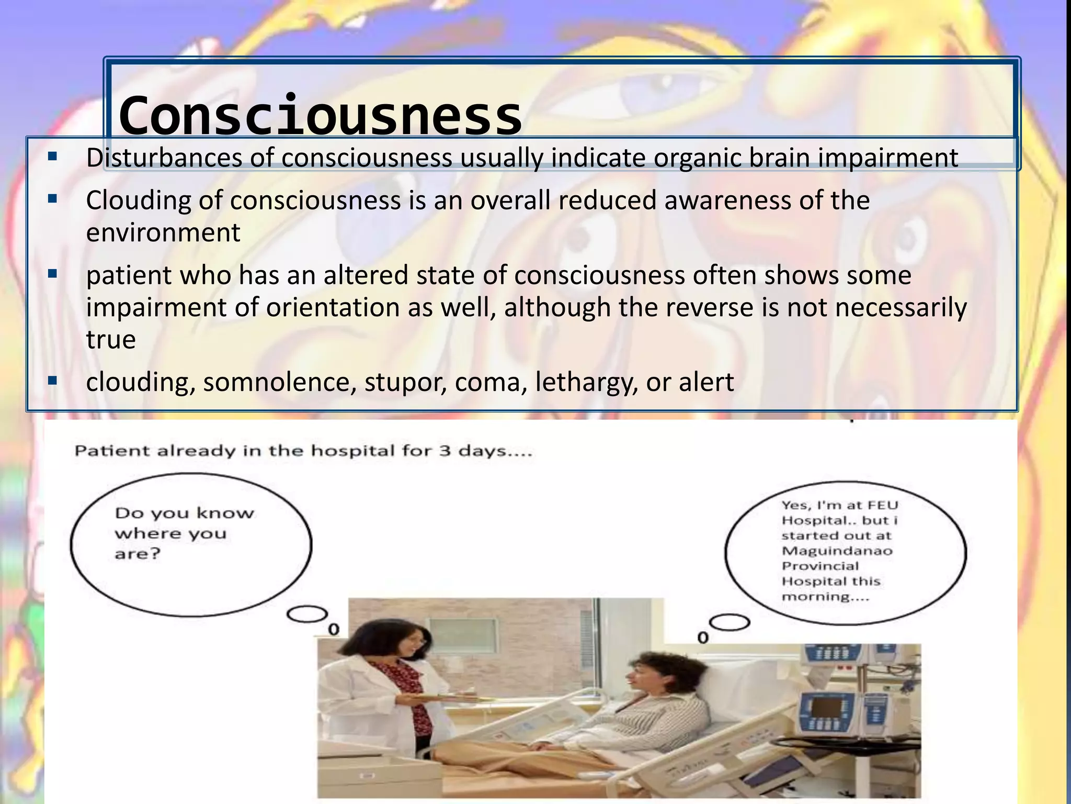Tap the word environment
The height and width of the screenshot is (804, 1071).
point(163,233)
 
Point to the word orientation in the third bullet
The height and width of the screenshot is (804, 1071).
point(333,308)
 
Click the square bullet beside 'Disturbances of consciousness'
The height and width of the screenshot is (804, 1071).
point(52,156)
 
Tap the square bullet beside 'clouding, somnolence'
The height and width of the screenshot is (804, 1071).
point(52,381)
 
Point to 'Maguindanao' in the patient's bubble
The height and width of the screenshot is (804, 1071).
point(837,551)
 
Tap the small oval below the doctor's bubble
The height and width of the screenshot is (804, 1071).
point(307,615)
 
